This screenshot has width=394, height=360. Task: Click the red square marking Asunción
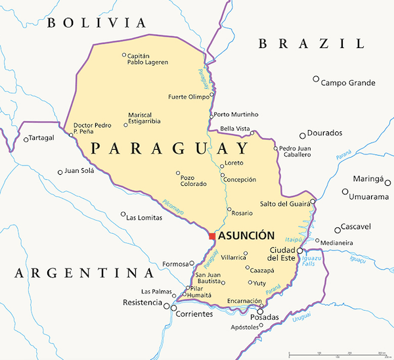(211, 236)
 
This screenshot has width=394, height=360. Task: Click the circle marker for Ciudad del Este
(299, 250)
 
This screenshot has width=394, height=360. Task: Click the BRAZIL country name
(311, 44)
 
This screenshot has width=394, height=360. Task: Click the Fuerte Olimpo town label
(189, 97)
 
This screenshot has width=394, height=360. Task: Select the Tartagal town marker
(26, 139)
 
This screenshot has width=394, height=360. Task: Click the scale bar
(337, 355)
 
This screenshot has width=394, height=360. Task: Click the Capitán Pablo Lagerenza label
(148, 59)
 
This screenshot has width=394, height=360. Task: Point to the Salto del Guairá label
(284, 204)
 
